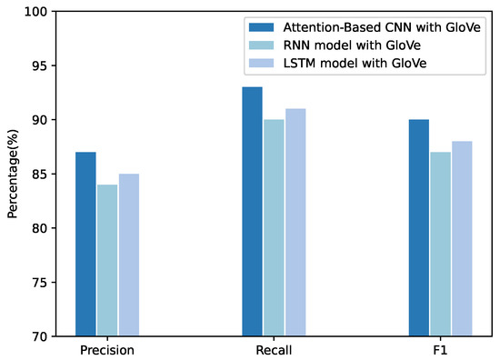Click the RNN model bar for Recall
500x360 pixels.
coord(274,227)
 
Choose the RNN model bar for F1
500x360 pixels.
coord(440,244)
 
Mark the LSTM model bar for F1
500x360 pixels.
coord(462,238)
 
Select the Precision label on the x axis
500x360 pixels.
coord(107,350)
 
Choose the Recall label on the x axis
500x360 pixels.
coord(274,350)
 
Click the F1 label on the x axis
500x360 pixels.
coord(440,350)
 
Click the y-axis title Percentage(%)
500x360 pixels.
coord(12,174)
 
